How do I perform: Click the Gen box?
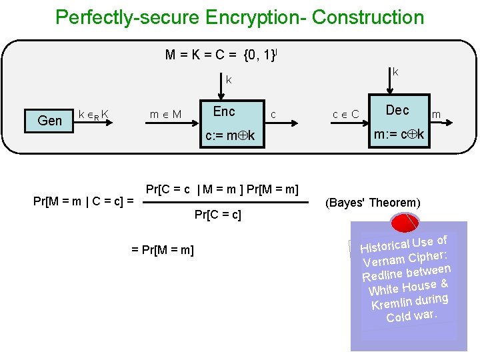[50, 121]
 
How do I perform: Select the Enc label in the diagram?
[224, 111]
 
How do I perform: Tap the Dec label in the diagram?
[397, 110]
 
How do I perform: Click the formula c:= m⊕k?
[230, 137]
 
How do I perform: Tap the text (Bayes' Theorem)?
[373, 203]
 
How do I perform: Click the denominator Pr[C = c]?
[217, 215]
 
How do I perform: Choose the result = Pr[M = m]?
[163, 250]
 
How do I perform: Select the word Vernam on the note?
[383, 262]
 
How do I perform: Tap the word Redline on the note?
[382, 275]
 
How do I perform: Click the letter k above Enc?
[228, 80]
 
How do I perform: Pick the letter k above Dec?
[395, 71]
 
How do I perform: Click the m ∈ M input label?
[165, 115]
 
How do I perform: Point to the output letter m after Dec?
[436, 115]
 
